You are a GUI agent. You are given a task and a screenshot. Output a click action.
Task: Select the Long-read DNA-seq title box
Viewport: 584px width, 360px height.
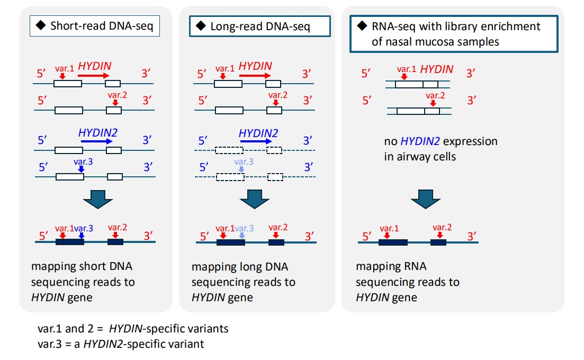point(259,26)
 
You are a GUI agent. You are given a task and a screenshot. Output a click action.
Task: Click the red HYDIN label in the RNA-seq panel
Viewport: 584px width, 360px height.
point(436,69)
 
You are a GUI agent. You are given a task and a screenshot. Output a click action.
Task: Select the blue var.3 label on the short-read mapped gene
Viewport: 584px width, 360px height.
point(84,228)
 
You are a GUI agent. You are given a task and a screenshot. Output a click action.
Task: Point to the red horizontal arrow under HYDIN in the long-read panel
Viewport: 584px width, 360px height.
point(256,76)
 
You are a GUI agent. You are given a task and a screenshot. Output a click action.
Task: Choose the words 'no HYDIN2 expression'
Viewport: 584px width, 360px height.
point(441,142)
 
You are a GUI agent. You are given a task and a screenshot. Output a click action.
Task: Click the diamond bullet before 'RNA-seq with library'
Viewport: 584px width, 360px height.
point(362,26)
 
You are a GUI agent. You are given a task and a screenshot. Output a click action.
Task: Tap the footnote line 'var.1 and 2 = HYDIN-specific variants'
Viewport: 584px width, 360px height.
point(133,329)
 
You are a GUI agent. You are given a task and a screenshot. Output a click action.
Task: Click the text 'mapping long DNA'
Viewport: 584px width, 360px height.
point(240,267)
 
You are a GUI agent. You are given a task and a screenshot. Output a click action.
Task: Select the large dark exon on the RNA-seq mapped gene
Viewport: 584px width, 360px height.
point(393,242)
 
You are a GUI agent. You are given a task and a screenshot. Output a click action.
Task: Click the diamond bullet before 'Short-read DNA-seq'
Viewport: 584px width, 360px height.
point(41,25)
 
